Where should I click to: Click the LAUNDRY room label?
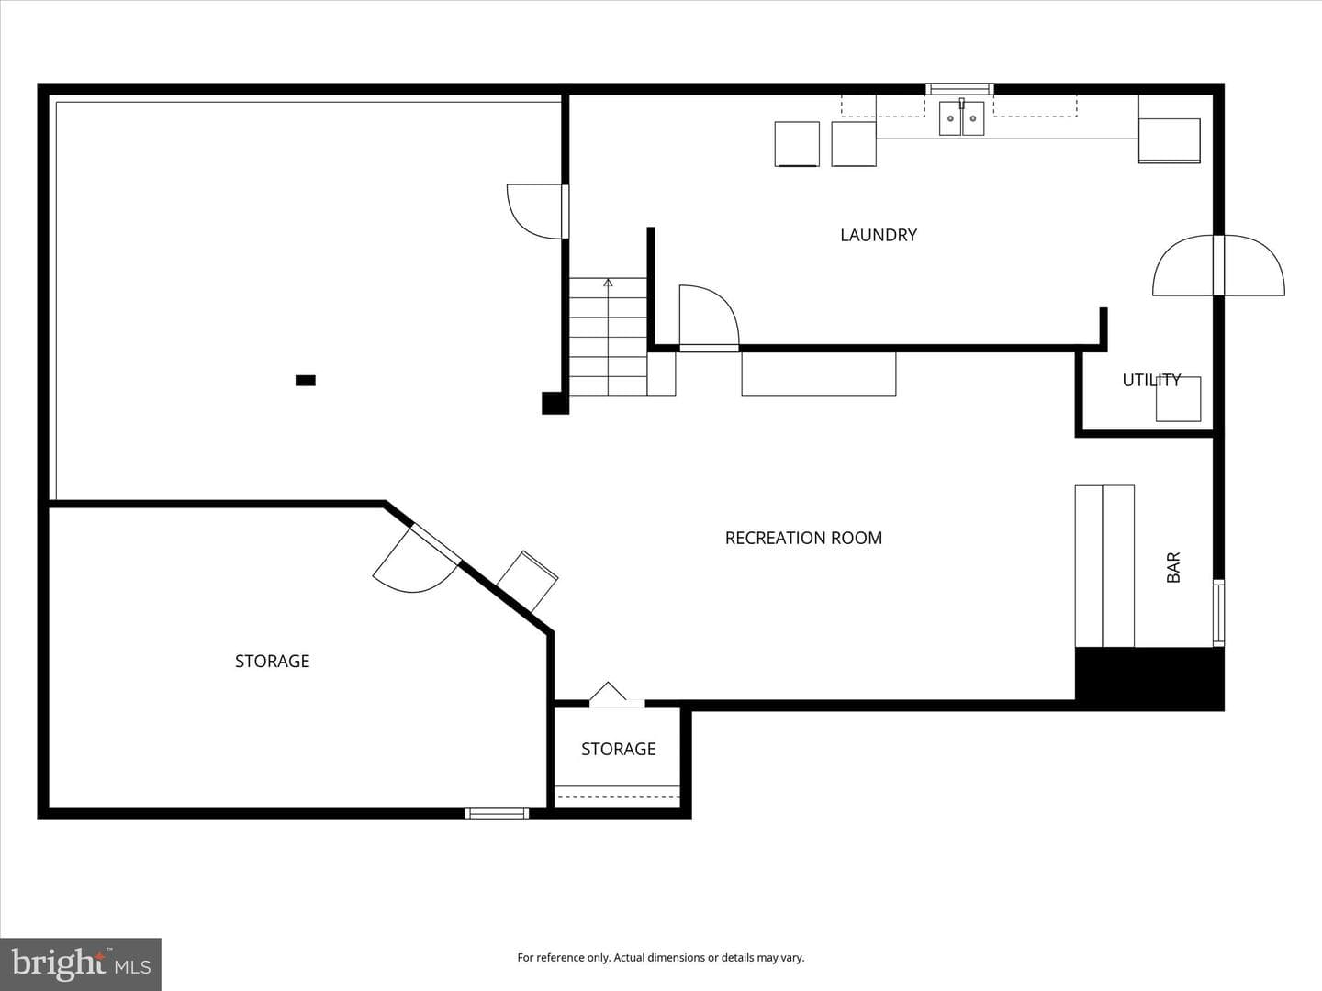(879, 235)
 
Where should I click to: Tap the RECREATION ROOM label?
(803, 538)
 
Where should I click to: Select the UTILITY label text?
(1151, 380)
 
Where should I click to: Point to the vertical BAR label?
(1173, 567)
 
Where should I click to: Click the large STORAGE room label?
(273, 662)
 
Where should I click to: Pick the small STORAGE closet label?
(619, 749)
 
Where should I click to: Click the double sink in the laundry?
(961, 118)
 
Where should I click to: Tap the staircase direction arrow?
(609, 337)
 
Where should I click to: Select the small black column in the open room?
(306, 380)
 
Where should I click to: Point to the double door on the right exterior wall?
(1218, 265)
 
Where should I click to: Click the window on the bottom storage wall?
(497, 814)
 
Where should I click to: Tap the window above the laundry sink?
(960, 89)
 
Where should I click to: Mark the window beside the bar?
(1218, 613)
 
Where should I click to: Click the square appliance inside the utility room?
(1178, 399)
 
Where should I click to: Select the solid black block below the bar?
(1149, 679)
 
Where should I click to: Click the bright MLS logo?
(81, 964)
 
